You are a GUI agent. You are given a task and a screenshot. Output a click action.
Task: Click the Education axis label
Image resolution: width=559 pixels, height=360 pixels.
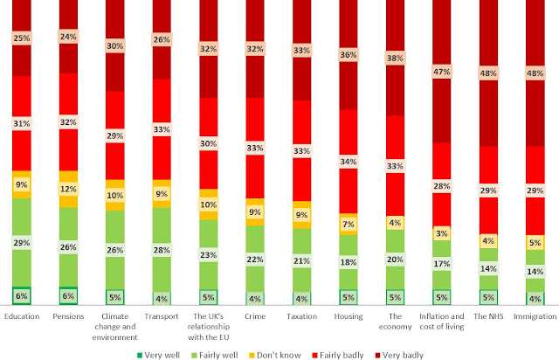coord(23,316)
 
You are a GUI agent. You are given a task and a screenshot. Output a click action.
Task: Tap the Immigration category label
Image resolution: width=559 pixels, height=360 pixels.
coord(533,316)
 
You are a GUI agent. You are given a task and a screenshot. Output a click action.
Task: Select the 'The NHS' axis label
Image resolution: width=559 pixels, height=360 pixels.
coord(487,316)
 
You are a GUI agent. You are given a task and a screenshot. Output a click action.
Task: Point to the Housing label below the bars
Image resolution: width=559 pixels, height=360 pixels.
coord(349,316)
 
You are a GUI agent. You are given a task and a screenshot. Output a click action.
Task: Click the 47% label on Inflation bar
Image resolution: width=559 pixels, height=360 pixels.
coord(441,70)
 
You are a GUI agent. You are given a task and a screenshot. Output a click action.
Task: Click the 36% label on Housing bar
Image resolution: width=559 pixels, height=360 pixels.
coord(348,54)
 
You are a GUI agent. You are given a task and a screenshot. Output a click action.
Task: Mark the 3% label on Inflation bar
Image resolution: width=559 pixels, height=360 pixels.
coord(441,232)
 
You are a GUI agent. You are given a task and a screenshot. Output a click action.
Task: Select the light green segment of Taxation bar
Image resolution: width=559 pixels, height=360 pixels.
coord(301,260)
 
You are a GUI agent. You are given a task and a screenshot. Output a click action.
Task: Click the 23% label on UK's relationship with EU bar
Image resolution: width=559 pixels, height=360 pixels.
coord(209,256)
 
